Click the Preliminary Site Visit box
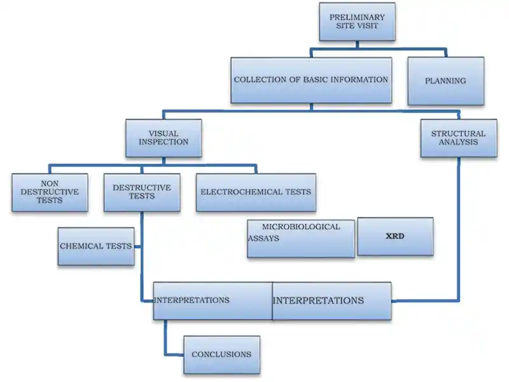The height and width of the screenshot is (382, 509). click(x=356, y=22)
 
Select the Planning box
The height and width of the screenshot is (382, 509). click(x=445, y=81)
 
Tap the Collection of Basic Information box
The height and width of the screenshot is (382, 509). click(x=310, y=80)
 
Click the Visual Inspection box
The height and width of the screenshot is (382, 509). click(x=164, y=138)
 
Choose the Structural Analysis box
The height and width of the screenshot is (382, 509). click(x=458, y=138)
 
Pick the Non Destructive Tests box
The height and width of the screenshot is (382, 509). click(x=50, y=192)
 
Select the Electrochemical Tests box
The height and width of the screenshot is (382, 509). click(x=256, y=192)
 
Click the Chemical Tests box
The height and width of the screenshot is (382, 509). click(x=95, y=246)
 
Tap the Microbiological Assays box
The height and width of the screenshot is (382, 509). click(x=300, y=238)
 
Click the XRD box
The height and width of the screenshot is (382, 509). click(x=395, y=236)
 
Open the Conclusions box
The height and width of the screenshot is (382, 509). click(x=221, y=355)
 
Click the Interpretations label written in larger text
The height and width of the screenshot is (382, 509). click(x=319, y=301)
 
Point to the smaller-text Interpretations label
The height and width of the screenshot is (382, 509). click(x=192, y=300)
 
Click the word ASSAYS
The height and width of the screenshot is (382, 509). click(x=263, y=239)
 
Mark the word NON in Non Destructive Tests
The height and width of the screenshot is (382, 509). click(x=50, y=182)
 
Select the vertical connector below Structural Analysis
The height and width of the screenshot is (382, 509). click(x=458, y=223)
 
